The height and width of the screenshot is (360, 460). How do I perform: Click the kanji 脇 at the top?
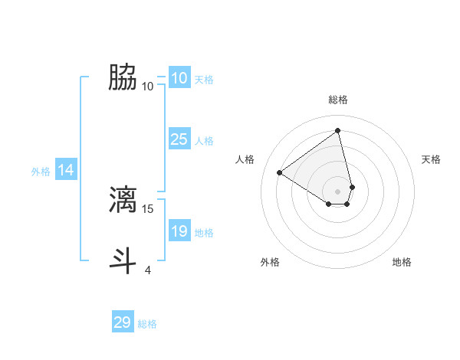coord(123,77)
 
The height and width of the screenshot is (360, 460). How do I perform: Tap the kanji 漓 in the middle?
coord(123,199)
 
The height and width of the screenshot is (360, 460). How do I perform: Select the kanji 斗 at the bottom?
coord(123,260)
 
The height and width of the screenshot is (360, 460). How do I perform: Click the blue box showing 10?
coord(179,78)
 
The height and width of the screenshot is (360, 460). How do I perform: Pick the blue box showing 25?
coord(179,139)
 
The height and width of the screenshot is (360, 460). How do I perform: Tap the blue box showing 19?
coord(179,231)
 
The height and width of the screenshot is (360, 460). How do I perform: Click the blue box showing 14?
coord(66,170)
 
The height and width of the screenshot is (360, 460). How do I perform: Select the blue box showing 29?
coord(123,322)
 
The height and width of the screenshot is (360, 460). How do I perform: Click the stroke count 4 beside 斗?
coord(148,270)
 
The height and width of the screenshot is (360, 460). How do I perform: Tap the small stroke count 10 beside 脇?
coord(148,86)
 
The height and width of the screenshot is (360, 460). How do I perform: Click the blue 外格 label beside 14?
coord(41,172)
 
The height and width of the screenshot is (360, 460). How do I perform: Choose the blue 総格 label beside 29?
coord(147,324)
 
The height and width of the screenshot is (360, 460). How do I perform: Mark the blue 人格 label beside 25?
coord(204,141)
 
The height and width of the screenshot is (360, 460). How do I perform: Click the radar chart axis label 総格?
coord(338,100)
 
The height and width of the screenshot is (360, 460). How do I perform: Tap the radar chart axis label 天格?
coord(432,159)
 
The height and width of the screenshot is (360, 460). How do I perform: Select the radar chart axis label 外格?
coord(270,262)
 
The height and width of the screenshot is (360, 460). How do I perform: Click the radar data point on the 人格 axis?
coord(280,172)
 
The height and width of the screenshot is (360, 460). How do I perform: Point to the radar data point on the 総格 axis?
coord(338,130)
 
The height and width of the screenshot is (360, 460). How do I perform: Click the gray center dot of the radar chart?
coord(338,191)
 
